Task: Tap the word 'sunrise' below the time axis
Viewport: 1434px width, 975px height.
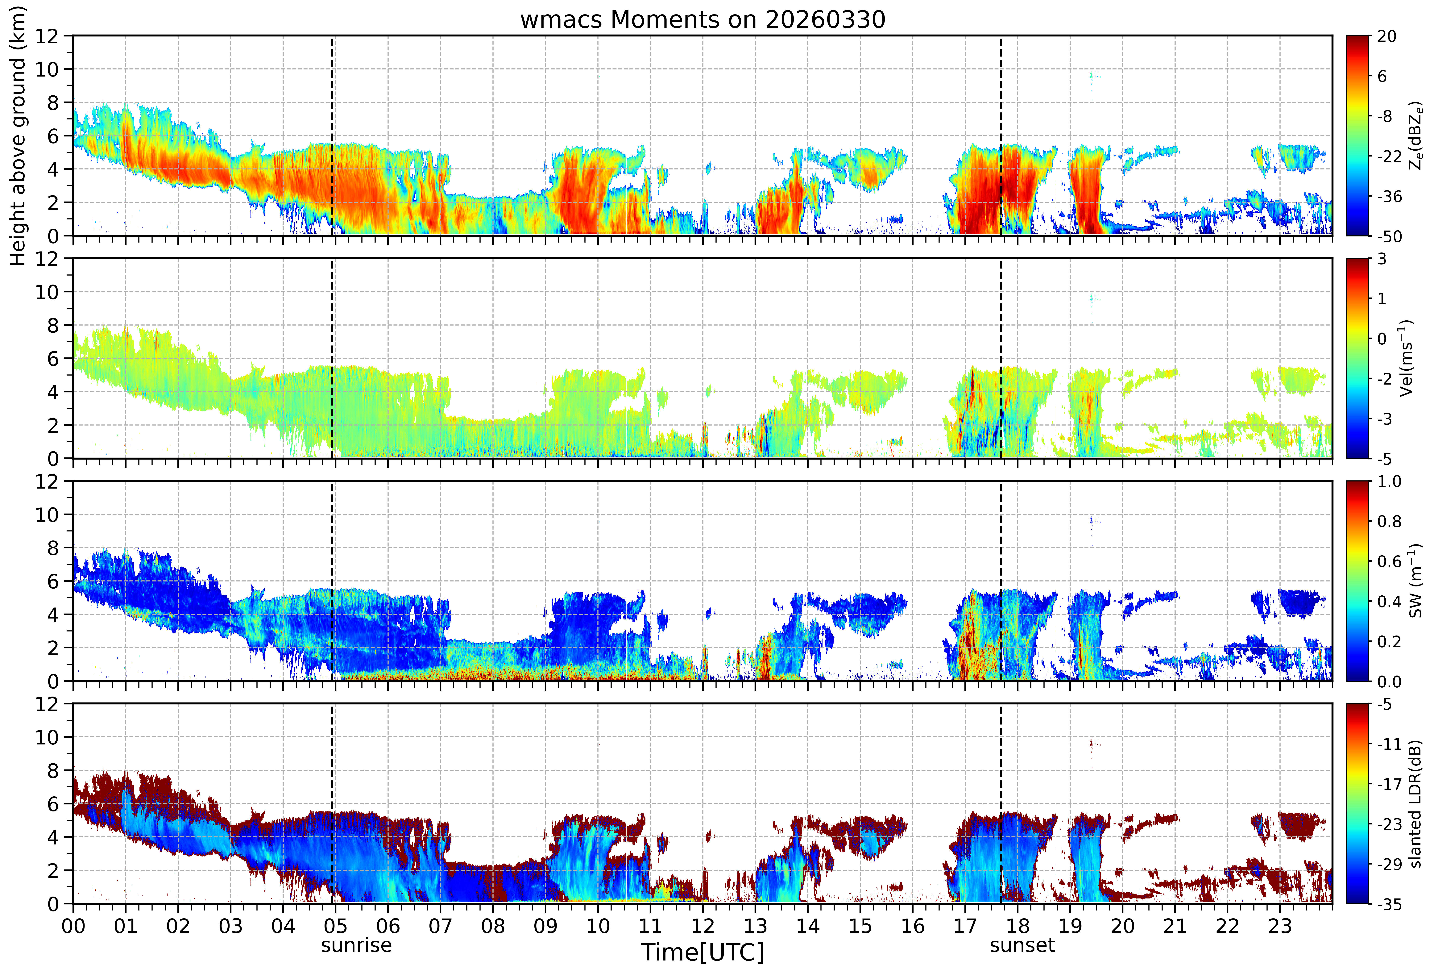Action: pos(356,945)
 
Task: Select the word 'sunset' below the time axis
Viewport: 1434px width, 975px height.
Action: pos(1022,945)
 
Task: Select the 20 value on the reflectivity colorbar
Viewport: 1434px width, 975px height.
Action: pos(1386,36)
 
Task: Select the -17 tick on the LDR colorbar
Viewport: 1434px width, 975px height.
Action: pos(1390,784)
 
